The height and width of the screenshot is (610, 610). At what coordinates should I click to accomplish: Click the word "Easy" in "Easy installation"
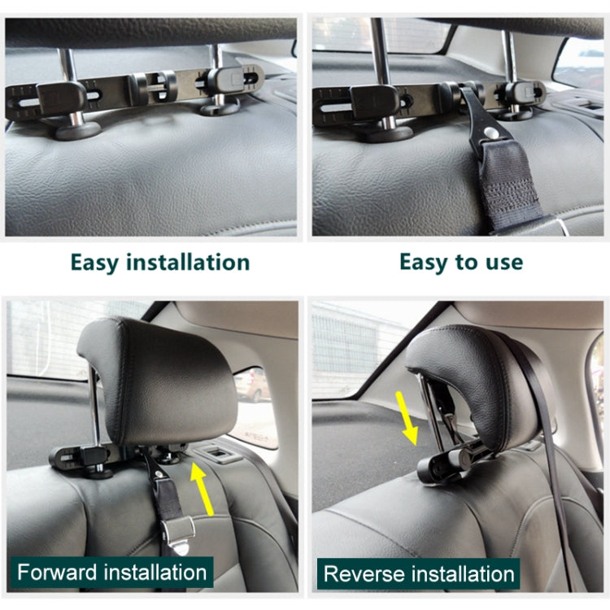[94, 263]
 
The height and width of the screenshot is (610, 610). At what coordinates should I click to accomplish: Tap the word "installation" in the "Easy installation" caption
[188, 262]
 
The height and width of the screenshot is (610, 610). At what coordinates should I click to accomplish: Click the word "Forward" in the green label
[57, 573]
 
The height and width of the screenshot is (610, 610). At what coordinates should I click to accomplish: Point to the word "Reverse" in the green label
[363, 574]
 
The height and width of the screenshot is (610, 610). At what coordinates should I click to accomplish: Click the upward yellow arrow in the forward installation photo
[203, 489]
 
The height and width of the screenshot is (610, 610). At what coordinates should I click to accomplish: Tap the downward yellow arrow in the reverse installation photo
[407, 418]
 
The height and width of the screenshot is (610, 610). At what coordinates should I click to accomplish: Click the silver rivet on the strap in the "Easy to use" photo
[492, 133]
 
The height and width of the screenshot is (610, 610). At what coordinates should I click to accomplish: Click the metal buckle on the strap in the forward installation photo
[178, 533]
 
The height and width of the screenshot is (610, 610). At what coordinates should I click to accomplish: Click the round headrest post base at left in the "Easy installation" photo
[78, 130]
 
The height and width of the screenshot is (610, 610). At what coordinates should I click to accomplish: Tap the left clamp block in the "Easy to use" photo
[374, 102]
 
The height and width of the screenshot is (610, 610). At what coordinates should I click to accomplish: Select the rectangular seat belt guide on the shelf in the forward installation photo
[216, 454]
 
